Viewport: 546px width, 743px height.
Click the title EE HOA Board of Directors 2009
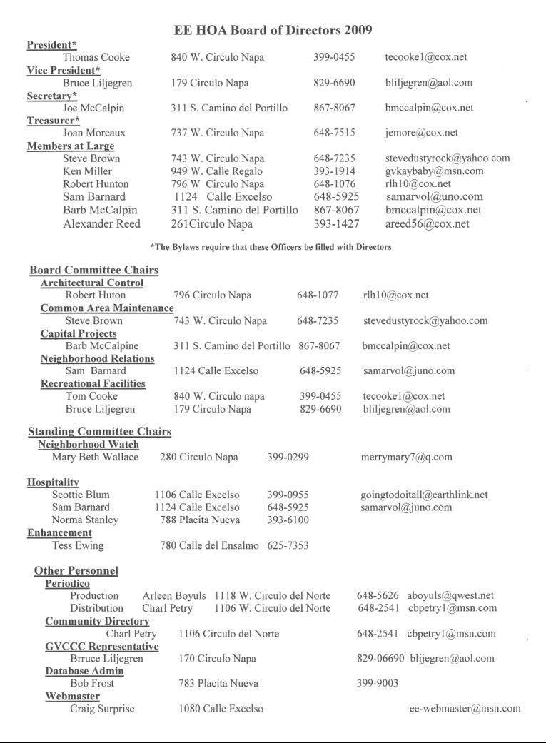coord(273,30)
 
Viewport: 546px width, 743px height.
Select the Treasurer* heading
coord(53,121)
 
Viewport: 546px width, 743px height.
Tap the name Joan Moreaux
coord(94,133)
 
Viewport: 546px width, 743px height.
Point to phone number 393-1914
coord(334,171)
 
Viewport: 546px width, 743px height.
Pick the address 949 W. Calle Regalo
coord(216,171)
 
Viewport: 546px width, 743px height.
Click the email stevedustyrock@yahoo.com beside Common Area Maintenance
coord(425,320)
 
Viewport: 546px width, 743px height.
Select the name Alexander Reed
coord(101,224)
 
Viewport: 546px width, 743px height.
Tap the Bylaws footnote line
coord(271,247)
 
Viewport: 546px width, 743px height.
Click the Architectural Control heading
coord(92,283)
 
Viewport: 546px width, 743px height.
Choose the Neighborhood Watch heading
coord(89,444)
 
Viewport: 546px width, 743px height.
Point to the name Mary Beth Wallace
coord(95,457)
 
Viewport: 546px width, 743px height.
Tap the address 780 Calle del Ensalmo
coord(209,546)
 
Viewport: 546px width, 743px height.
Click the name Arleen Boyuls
coord(174,595)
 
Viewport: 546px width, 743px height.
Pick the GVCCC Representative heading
coord(102,646)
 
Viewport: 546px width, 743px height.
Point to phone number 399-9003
coord(378,683)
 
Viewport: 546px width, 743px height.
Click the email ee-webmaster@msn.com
coord(465,709)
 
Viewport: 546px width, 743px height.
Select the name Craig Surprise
coord(102,709)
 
